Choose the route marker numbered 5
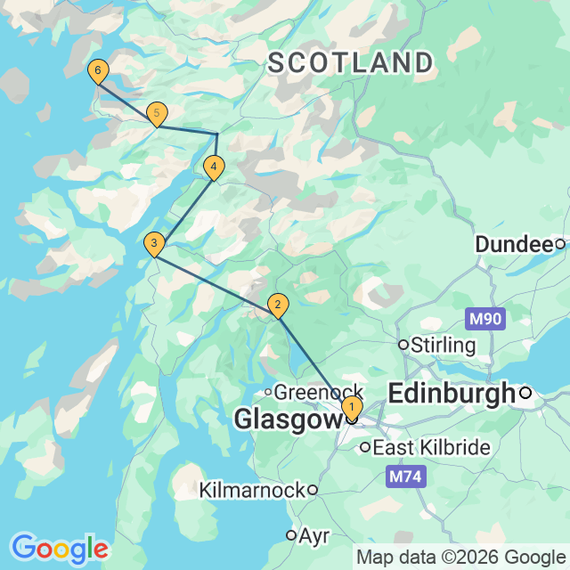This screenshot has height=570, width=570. (x=157, y=114)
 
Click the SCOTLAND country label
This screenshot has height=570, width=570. (x=351, y=63)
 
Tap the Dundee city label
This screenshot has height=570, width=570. (x=514, y=244)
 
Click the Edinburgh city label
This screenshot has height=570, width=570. (x=452, y=392)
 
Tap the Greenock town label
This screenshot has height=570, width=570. (x=319, y=392)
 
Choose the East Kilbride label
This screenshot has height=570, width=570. (x=431, y=447)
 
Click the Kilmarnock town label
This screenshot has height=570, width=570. (x=253, y=490)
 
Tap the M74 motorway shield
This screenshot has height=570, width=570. (x=406, y=477)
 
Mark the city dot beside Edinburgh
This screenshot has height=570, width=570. (x=526, y=392)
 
